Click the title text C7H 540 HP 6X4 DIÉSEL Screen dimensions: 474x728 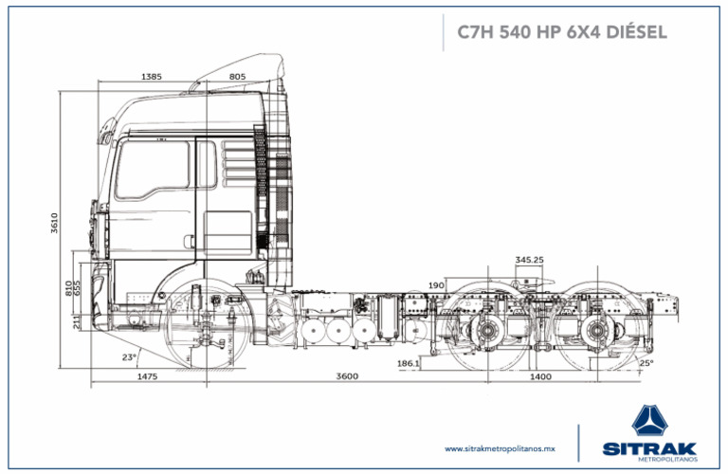[x=561, y=31]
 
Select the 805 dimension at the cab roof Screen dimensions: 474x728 [x=237, y=76]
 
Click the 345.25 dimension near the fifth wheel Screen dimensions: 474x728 [x=529, y=259]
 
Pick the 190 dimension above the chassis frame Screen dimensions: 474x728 [x=436, y=284]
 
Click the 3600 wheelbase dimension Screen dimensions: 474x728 [x=347, y=377]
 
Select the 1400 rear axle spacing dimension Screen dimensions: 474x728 [x=539, y=377]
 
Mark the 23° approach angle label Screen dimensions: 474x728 [x=129, y=357]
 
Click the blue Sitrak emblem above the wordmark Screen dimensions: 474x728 [x=654, y=420]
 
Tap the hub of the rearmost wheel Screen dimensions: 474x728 [x=595, y=332]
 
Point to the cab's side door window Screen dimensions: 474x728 [x=154, y=171]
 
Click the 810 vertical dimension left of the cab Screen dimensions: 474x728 [x=67, y=285]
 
